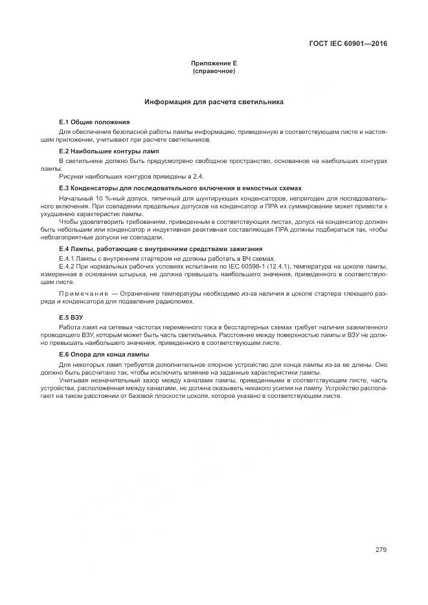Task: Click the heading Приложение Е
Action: coord(214,63)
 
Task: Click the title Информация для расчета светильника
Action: coord(214,102)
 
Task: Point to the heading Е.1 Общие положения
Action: coord(94,122)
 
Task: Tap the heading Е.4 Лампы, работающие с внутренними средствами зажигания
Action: coord(161,249)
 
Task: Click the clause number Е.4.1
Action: coord(67,258)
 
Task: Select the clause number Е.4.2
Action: coord(67,266)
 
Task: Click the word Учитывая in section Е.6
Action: coord(73,381)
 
